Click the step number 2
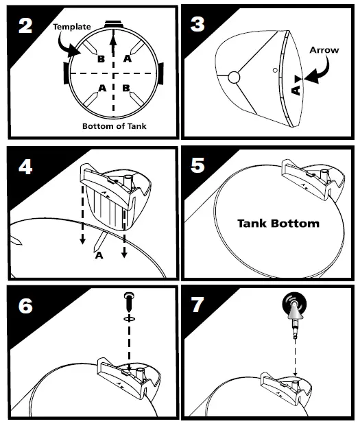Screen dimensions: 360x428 click(25, 26)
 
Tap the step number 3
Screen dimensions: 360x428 click(197, 25)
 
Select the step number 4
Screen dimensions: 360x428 click(25, 167)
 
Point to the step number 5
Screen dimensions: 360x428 click(197, 165)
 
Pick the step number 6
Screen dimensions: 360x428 click(25, 306)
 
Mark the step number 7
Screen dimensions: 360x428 click(197, 305)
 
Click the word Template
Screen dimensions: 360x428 click(72, 27)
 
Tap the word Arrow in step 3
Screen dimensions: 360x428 click(324, 50)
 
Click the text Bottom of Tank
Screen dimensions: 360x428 click(115, 126)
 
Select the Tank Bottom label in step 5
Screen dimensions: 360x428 click(278, 224)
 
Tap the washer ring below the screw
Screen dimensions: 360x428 click(129, 318)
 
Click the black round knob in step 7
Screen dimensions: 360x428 click(294, 305)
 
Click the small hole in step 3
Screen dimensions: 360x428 click(275, 70)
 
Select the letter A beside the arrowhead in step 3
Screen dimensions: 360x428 click(296, 90)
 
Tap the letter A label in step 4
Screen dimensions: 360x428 click(99, 255)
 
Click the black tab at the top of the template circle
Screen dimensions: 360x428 click(114, 24)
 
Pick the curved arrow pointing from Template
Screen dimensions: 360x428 click(67, 47)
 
